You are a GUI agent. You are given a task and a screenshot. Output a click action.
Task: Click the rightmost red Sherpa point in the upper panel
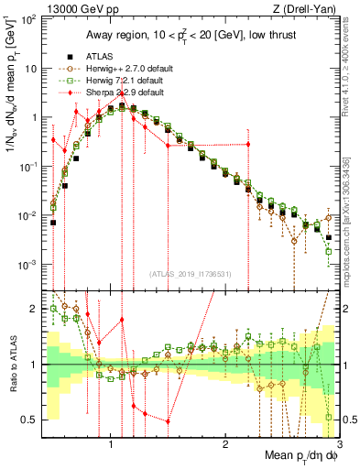(248, 144)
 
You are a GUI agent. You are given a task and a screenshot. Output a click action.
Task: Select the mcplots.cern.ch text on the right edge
(353, 220)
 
